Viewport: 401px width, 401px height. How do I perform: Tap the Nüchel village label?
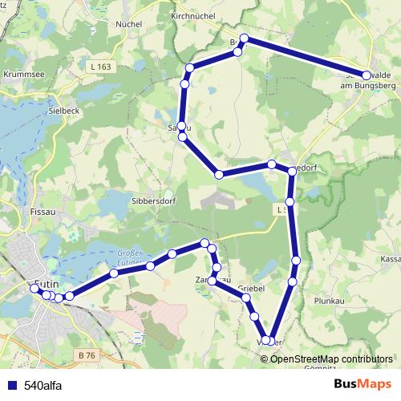128,24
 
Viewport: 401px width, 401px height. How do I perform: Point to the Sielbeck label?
63,111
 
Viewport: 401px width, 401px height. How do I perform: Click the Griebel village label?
251,287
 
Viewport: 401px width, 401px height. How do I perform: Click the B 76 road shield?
87,353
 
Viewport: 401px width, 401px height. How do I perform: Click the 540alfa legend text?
43,385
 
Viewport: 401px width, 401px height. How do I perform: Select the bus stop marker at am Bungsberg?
367,75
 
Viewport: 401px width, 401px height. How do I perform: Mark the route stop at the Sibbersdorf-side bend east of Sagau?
218,174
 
